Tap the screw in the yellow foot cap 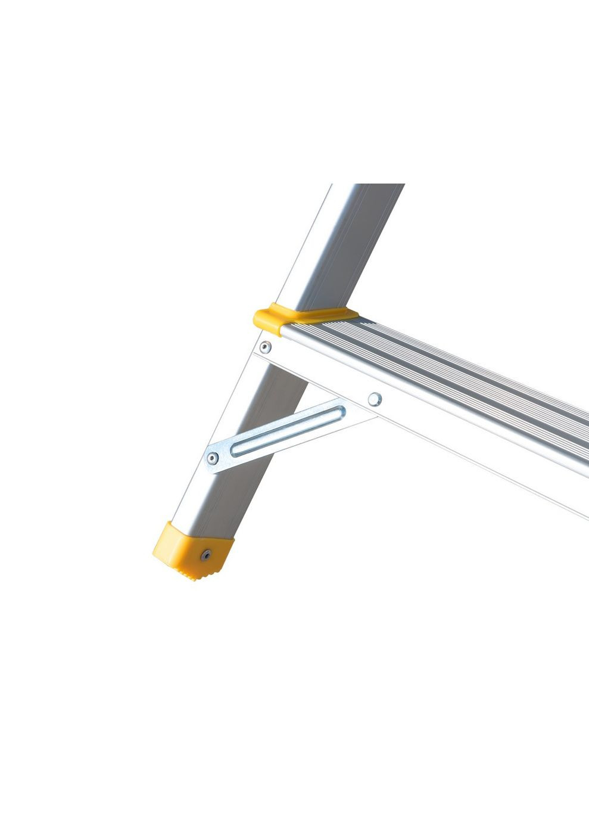pos(205,554)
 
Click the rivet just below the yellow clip pos(265,346)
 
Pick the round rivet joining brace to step pos(374,399)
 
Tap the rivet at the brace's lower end pos(213,458)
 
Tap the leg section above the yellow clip pos(339,250)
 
